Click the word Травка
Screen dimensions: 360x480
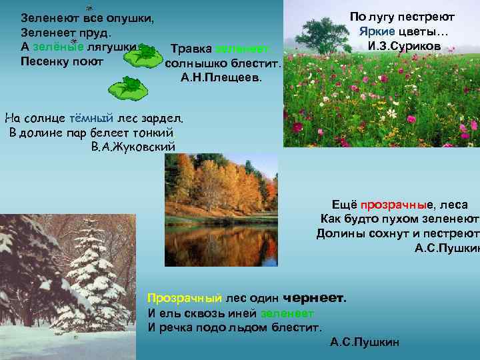(x=191, y=49)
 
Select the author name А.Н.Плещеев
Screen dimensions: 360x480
(x=222, y=78)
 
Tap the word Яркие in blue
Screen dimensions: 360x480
(x=377, y=31)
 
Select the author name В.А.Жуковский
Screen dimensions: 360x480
(x=133, y=147)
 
